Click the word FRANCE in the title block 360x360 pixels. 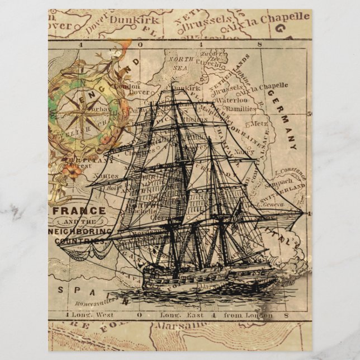pyautogui.click(x=80, y=211)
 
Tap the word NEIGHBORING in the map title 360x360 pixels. pyautogui.click(x=80, y=230)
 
